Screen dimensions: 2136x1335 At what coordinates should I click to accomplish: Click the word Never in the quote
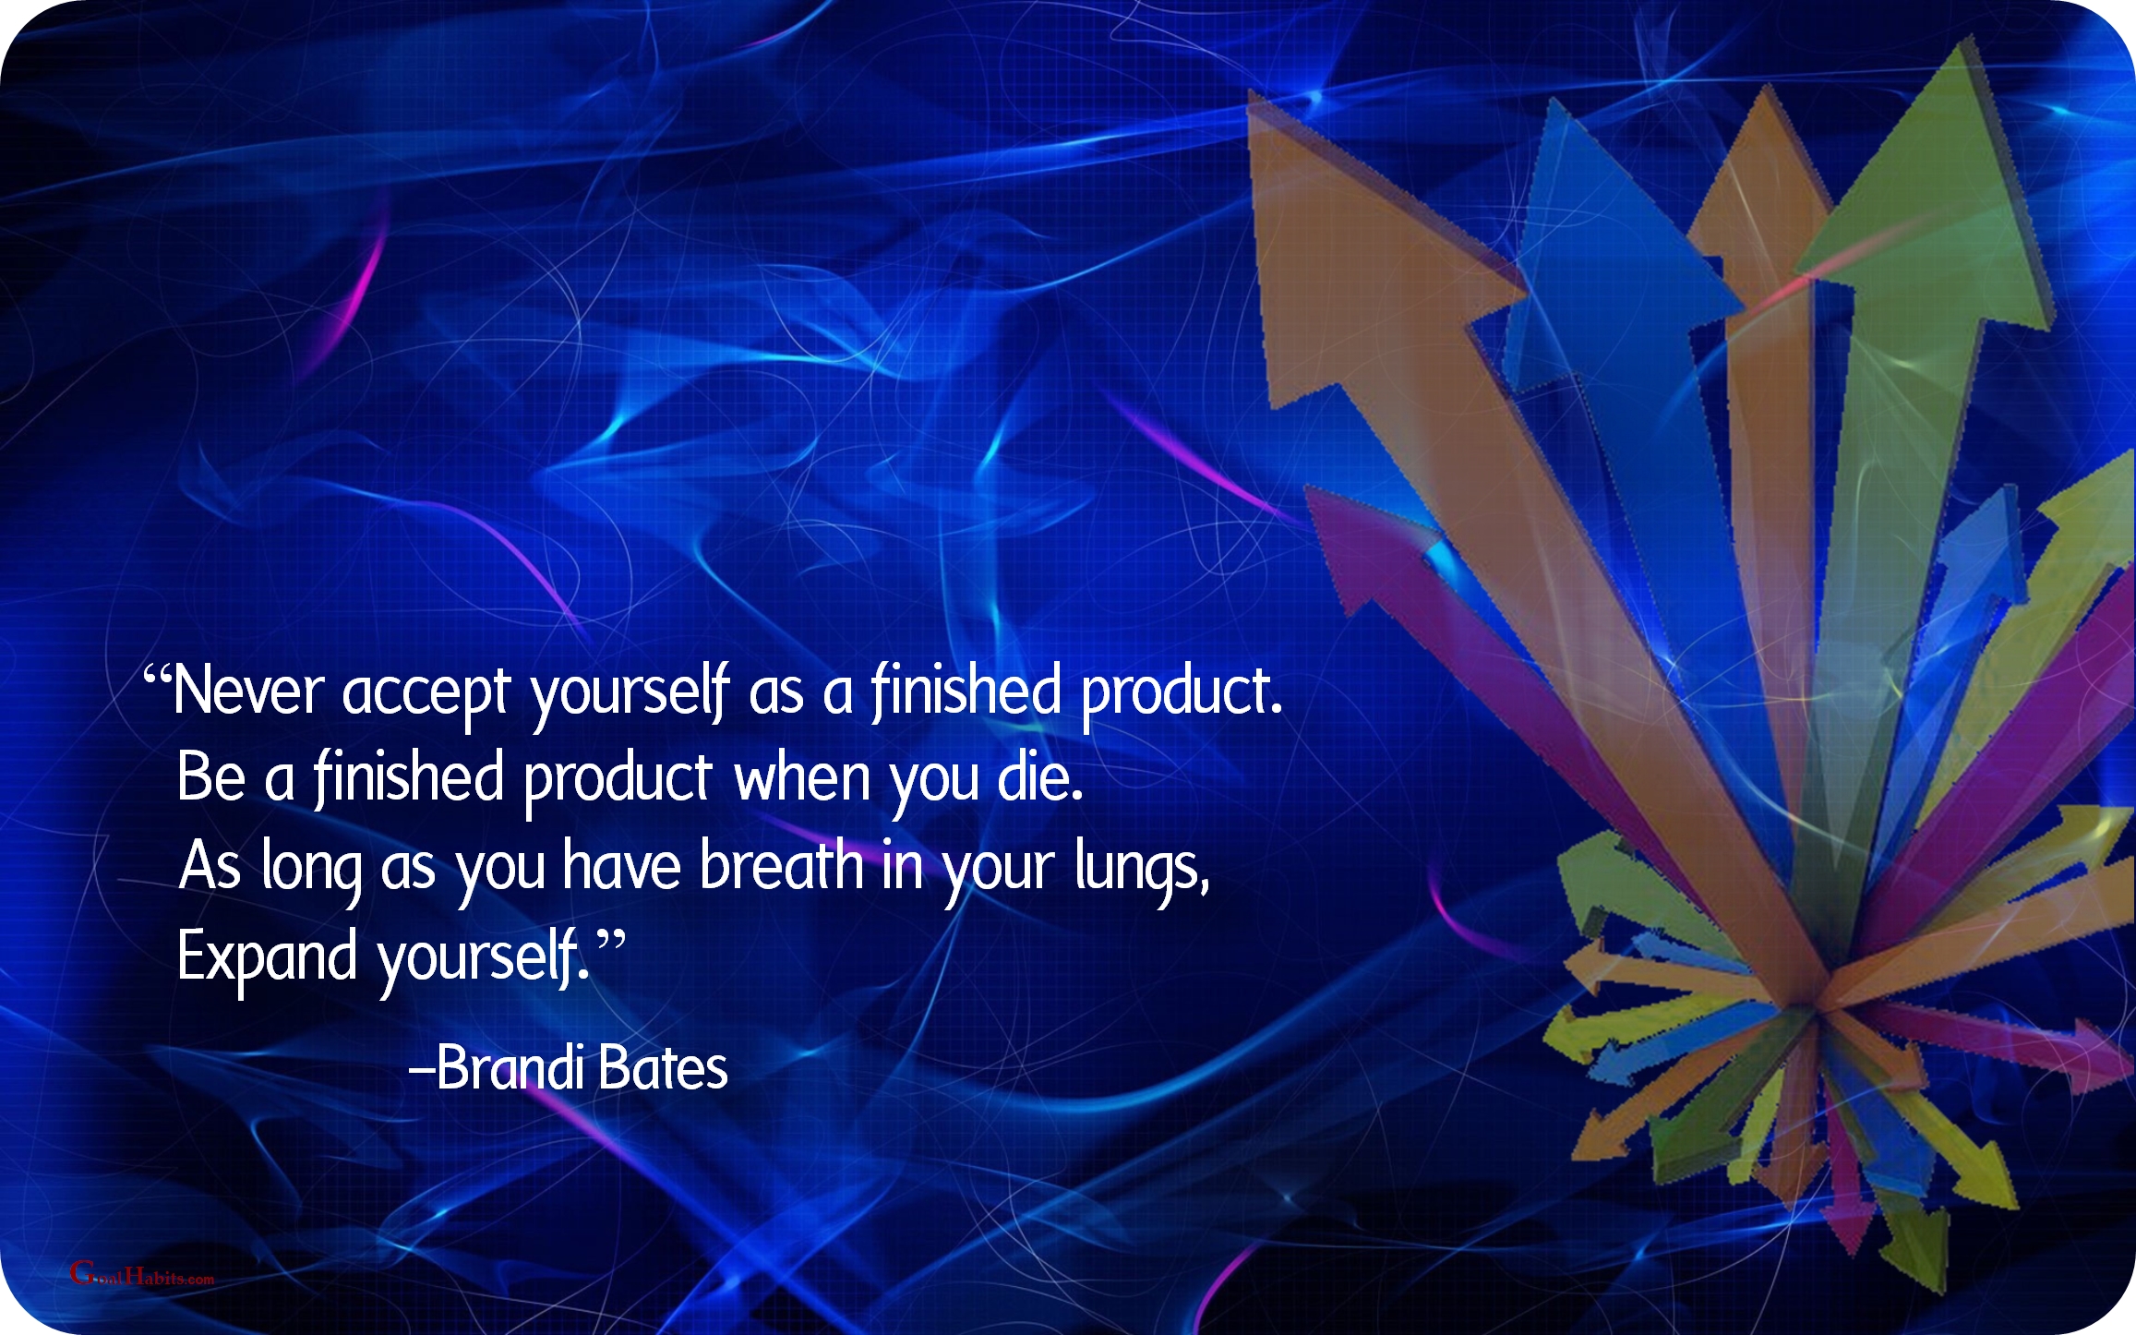coord(248,691)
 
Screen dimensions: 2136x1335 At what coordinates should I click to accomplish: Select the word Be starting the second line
coord(211,776)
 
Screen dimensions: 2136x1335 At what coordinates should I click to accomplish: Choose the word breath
coord(781,865)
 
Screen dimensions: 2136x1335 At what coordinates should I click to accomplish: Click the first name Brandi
coord(510,1067)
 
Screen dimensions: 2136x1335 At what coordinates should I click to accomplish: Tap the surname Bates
coord(663,1067)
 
